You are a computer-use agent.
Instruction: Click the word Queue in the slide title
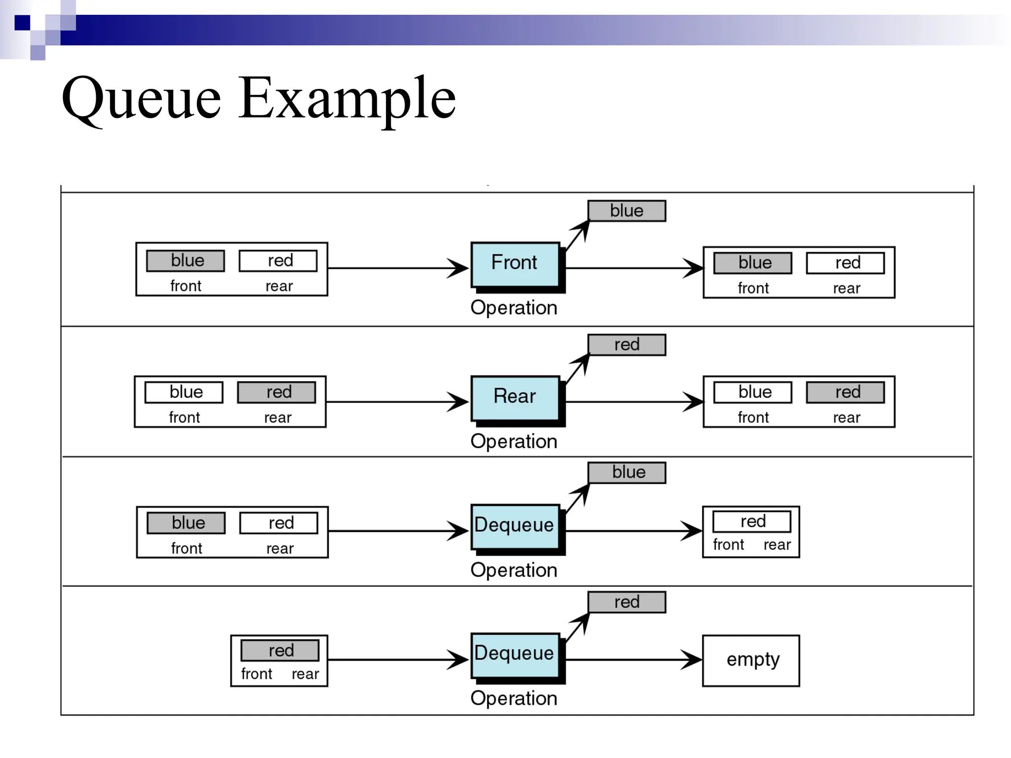pyautogui.click(x=141, y=99)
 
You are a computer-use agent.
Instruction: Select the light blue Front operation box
pyautogui.click(x=515, y=264)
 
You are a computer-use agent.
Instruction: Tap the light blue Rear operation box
pyautogui.click(x=515, y=397)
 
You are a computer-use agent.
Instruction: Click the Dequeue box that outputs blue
pyautogui.click(x=515, y=526)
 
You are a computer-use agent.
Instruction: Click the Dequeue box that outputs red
pyautogui.click(x=515, y=654)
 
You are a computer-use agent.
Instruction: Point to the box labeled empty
pyautogui.click(x=751, y=660)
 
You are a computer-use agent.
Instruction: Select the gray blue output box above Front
pyautogui.click(x=626, y=211)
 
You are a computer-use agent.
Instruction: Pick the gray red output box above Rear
pyautogui.click(x=626, y=344)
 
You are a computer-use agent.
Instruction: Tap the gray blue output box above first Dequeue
pyautogui.click(x=626, y=472)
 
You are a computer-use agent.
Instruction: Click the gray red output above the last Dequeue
pyautogui.click(x=626, y=602)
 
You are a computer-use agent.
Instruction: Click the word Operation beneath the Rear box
pyautogui.click(x=513, y=441)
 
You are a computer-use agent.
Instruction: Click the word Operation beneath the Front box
pyautogui.click(x=513, y=307)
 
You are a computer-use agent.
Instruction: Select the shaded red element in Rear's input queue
pyautogui.click(x=276, y=392)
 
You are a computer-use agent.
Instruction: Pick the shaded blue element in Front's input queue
pyautogui.click(x=186, y=261)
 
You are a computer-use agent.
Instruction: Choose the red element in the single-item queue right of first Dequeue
pyautogui.click(x=751, y=521)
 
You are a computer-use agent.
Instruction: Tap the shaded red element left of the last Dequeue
pyautogui.click(x=280, y=650)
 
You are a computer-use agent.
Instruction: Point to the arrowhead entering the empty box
pyautogui.click(x=694, y=659)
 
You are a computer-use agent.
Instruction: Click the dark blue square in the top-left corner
pyautogui.click(x=22, y=23)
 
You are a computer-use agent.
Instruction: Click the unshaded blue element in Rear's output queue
pyautogui.click(x=752, y=392)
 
